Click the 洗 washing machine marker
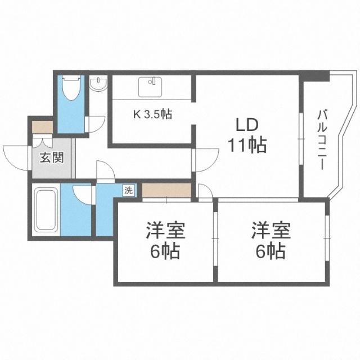point(129,190)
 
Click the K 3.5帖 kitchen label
point(152,114)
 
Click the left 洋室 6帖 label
point(165,240)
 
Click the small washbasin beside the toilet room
point(98,85)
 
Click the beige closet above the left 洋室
point(166,190)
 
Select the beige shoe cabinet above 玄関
point(43,127)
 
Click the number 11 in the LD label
point(237,145)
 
